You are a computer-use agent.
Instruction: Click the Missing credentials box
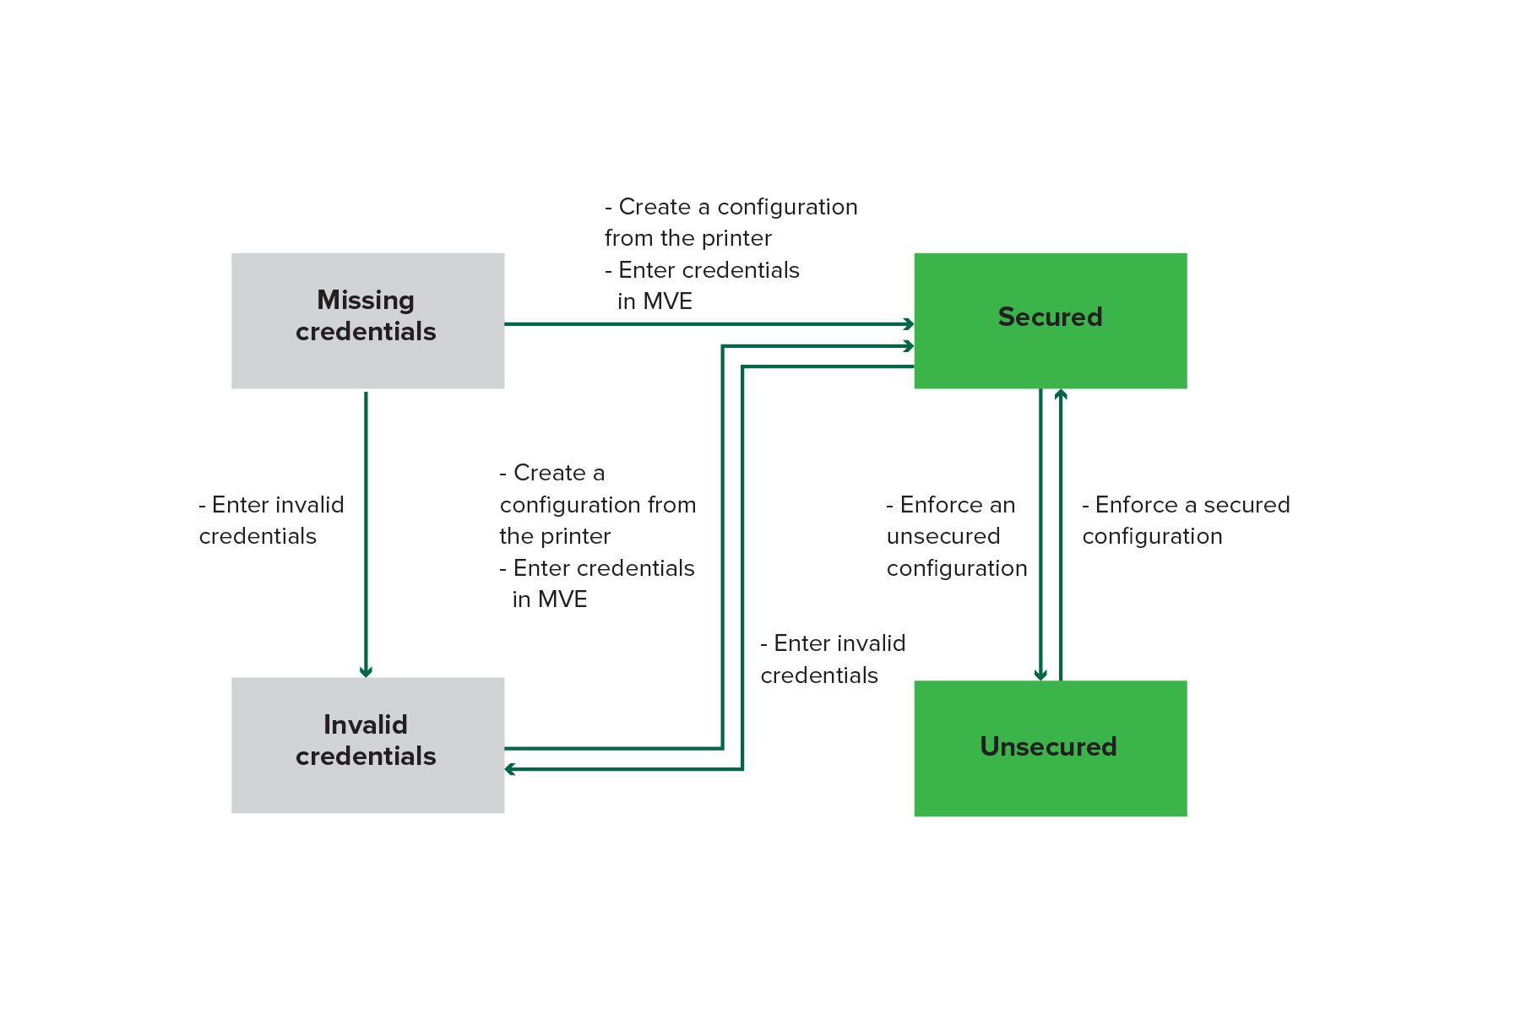click(367, 321)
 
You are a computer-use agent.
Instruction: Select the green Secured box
click(1050, 321)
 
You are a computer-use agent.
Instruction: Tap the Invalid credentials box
click(367, 745)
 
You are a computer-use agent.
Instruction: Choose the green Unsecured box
click(1050, 748)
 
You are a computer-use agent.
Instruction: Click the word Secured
click(1050, 317)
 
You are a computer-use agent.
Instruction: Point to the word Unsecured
click(1048, 746)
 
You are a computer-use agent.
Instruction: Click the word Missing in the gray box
click(365, 300)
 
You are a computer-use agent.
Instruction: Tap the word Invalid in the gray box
click(365, 724)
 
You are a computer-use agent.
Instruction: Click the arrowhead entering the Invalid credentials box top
click(366, 672)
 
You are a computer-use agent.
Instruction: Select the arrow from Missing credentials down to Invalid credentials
click(366, 532)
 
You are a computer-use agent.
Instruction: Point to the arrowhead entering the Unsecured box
click(1040, 675)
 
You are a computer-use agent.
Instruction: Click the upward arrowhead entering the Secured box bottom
click(1061, 393)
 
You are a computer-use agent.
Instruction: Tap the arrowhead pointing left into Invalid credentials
click(509, 769)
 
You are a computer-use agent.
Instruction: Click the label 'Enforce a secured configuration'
click(1186, 520)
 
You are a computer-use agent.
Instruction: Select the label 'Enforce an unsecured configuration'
click(956, 536)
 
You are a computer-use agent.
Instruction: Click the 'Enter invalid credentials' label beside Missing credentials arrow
click(271, 520)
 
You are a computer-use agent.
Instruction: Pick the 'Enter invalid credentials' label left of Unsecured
click(832, 659)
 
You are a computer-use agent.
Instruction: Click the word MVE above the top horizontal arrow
click(666, 301)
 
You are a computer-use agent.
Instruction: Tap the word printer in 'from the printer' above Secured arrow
click(731, 238)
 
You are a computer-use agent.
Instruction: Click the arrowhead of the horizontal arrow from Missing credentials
click(910, 324)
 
